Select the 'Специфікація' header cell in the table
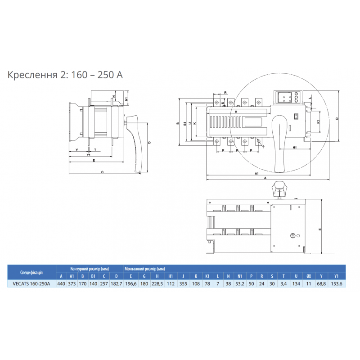click(31, 272)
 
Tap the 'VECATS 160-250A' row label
click(31, 283)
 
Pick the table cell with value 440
click(61, 283)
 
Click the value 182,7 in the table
click(116, 283)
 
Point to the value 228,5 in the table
click(157, 283)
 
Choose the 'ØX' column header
click(308, 276)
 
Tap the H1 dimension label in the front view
click(294, 147)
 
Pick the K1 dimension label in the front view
click(319, 122)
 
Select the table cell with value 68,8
click(321, 283)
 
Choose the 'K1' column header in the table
click(207, 276)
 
